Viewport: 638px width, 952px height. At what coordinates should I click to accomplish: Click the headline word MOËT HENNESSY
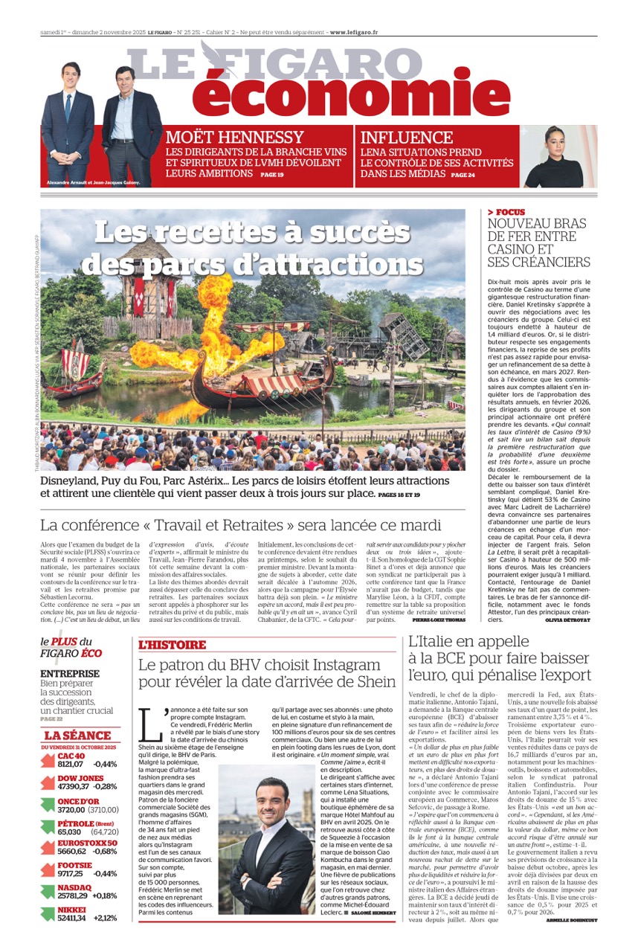[234, 138]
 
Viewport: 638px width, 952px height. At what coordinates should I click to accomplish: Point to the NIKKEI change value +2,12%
[105, 918]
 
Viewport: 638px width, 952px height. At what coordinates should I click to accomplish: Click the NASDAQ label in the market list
[74, 887]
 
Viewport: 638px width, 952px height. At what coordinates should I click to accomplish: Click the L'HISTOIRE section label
[172, 646]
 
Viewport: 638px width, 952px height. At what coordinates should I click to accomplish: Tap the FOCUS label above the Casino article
[510, 212]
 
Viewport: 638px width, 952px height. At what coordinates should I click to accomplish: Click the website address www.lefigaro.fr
[353, 33]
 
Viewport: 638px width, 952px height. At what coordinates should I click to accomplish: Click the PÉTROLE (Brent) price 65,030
[69, 832]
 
